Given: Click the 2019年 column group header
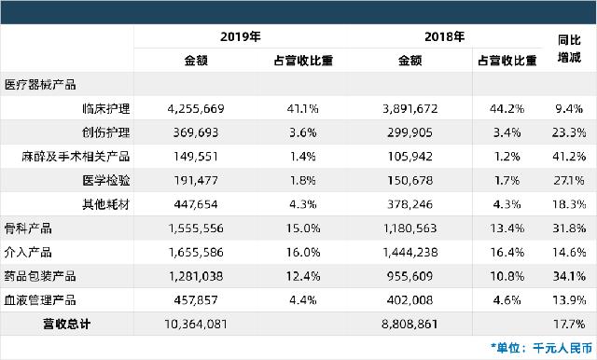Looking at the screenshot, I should coord(240,38).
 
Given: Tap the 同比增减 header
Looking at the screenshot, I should coord(569,49).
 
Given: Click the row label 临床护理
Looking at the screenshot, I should coord(106,108).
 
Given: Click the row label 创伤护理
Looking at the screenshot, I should coord(106,132).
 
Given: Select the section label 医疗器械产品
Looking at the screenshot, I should coord(40,84).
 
